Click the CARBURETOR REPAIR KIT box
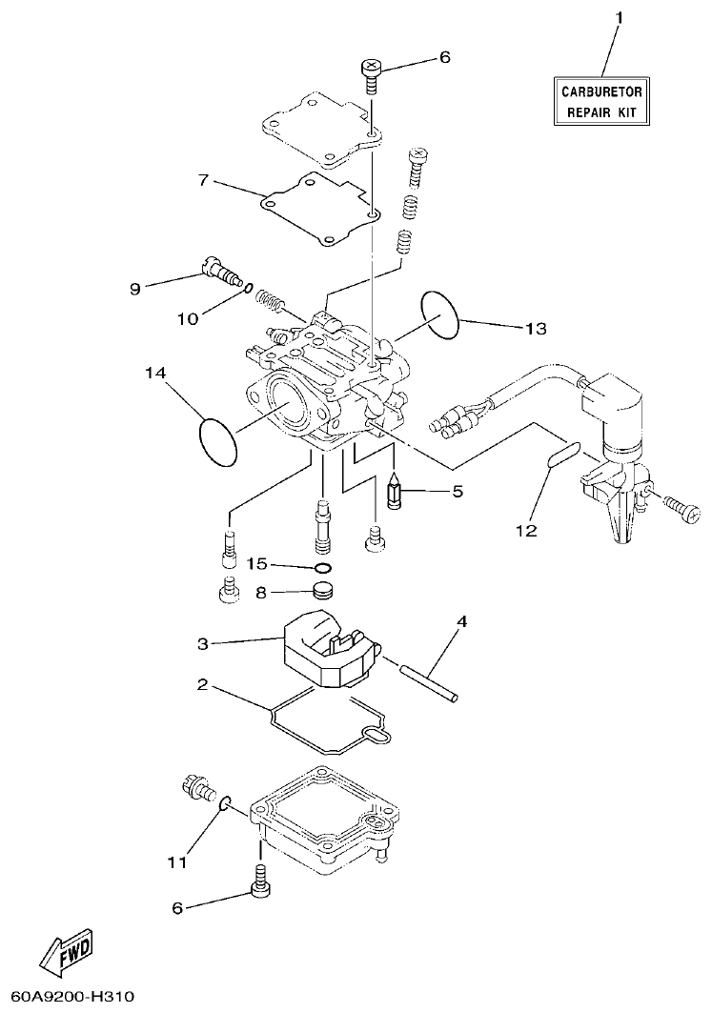click(x=601, y=102)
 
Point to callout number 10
click(x=188, y=318)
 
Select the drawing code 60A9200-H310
click(x=68, y=997)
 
